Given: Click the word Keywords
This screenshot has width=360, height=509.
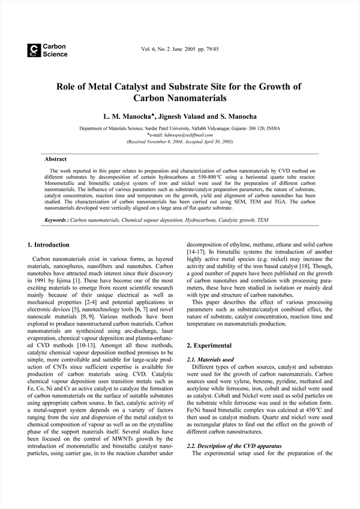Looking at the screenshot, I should point(56,221).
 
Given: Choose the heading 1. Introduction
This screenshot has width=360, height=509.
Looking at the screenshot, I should point(49,245).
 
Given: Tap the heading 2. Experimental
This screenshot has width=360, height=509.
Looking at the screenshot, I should point(208,346).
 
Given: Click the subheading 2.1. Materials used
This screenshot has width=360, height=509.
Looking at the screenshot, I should point(211,360).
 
